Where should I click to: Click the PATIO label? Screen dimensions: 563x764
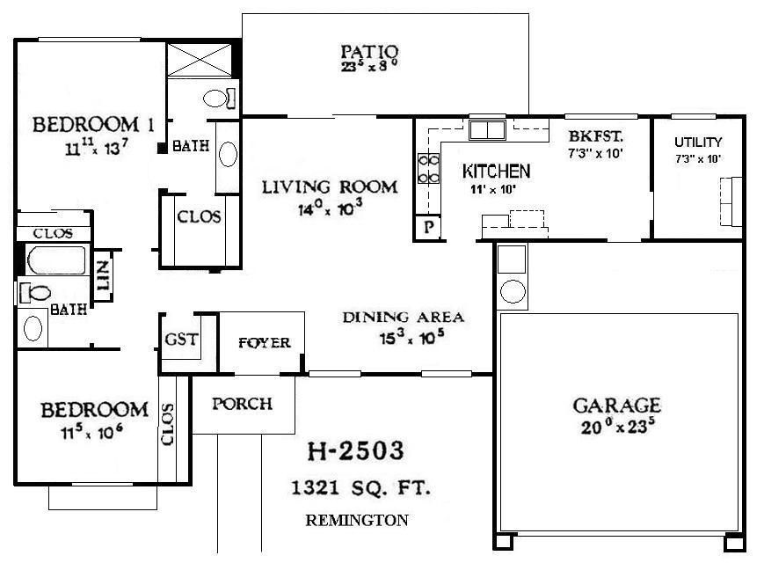tap(370, 50)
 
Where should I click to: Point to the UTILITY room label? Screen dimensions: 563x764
tap(697, 142)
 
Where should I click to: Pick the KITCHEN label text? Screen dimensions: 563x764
tap(496, 171)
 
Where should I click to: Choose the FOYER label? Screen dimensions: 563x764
tap(264, 342)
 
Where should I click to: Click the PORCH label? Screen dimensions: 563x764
tap(243, 404)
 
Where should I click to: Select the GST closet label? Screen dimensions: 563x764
tap(181, 340)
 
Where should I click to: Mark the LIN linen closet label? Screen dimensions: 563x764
tap(102, 275)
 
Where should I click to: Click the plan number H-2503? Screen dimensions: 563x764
tap(355, 451)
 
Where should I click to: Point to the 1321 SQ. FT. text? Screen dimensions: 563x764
tap(360, 486)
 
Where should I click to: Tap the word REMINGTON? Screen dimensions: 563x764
tap(356, 520)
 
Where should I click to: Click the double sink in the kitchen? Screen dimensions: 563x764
tap(486, 130)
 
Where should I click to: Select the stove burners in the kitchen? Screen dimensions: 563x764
tap(427, 168)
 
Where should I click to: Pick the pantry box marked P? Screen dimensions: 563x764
tap(427, 225)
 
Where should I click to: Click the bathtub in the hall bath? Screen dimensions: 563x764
tap(55, 260)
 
